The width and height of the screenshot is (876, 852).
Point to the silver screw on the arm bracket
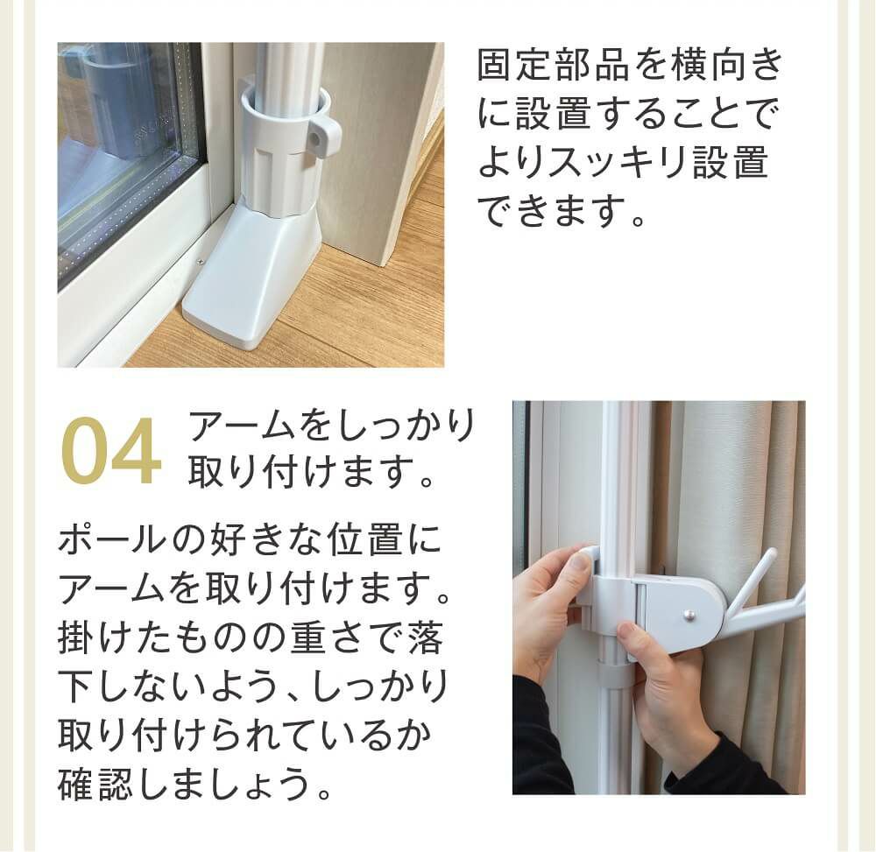pyautogui.click(x=691, y=614)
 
